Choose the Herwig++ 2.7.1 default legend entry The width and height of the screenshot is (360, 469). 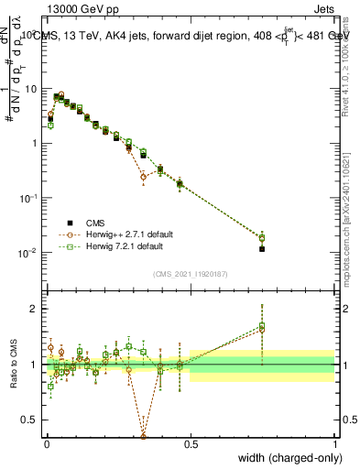pyautogui.click(x=127, y=234)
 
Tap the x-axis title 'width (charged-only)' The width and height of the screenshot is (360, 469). pyautogui.click(x=284, y=458)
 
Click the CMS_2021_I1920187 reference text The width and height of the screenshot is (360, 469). pyautogui.click(x=190, y=272)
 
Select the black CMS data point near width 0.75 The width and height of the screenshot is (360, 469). pyautogui.click(x=262, y=248)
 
